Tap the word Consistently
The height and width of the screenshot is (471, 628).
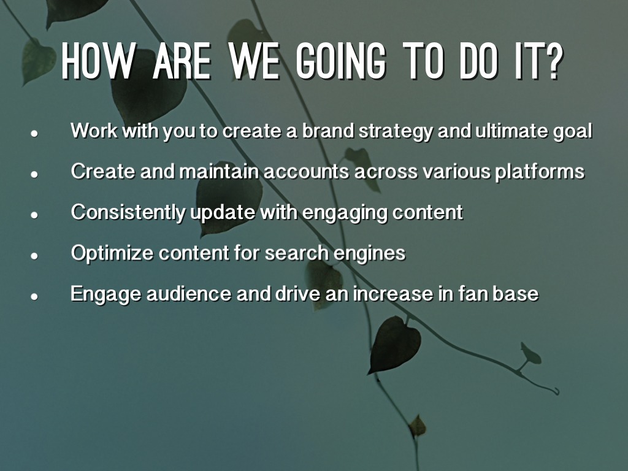[128, 212]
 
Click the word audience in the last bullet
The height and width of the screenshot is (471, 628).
[189, 294]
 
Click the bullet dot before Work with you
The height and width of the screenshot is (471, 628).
[34, 134]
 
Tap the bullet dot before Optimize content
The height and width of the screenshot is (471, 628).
[34, 256]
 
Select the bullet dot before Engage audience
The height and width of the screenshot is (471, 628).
[34, 296]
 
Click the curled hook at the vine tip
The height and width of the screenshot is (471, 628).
[555, 391]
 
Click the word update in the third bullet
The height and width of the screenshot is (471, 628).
[222, 212]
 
